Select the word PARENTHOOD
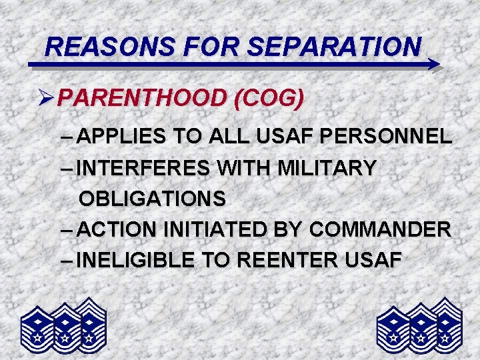[x=142, y=99]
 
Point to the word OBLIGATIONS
[x=152, y=199]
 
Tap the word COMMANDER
[x=380, y=229]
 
